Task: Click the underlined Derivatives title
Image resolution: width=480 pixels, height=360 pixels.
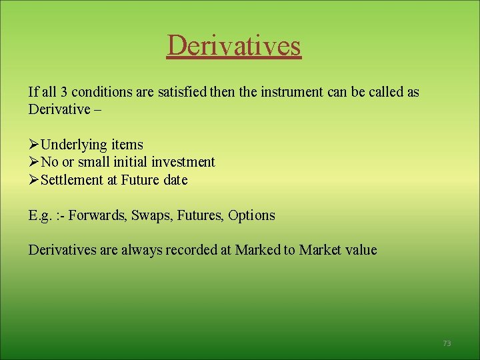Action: (234, 45)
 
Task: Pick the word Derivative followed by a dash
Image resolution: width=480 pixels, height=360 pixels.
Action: (58, 109)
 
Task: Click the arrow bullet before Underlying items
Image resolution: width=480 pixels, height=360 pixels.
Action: (34, 145)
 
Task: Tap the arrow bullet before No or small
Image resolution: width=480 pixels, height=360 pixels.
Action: (34, 162)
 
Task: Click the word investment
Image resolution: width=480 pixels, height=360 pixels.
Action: (183, 162)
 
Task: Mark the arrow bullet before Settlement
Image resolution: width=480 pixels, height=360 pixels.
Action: (34, 180)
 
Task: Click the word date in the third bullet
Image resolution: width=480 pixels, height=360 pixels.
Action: (175, 180)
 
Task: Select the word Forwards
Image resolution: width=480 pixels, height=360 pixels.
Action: (98, 215)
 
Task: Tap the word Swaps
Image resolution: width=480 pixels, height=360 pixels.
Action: (150, 215)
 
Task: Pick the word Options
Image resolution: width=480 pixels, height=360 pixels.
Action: (251, 215)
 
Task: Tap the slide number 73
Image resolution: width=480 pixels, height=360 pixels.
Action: (447, 343)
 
